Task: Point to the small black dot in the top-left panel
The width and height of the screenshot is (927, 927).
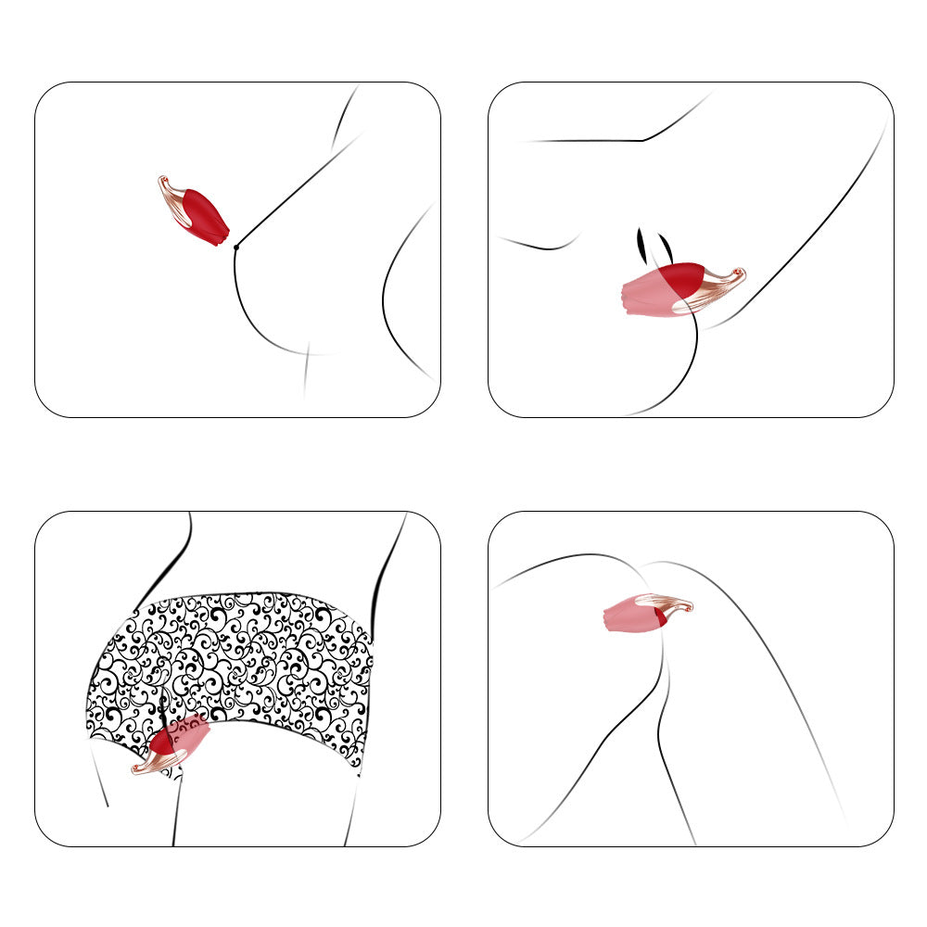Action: click(236, 247)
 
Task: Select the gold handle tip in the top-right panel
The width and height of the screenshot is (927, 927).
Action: click(739, 273)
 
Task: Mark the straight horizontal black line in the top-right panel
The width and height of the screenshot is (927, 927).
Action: click(584, 141)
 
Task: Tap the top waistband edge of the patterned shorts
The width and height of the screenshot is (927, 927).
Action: click(250, 593)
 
